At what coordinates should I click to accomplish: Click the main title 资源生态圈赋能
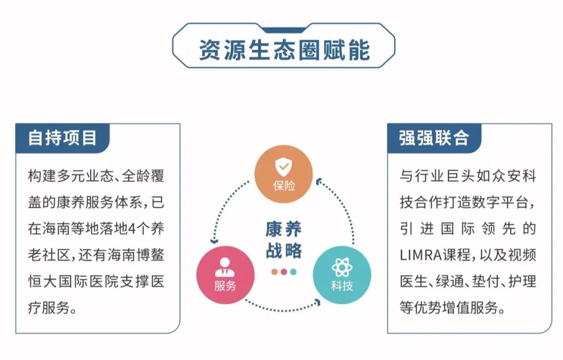284,50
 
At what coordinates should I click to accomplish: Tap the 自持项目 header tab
62,138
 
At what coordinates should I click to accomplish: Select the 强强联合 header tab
434,138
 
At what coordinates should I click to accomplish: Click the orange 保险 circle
284,174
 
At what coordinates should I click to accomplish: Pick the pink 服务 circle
226,275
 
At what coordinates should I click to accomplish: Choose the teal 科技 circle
342,275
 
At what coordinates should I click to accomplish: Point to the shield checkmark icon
284,167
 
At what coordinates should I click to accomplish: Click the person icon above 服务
225,267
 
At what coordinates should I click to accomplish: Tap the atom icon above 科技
342,267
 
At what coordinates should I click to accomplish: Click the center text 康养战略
284,239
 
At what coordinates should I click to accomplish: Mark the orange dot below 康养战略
275,272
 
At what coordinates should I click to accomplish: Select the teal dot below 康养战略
293,272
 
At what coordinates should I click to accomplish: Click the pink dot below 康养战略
284,272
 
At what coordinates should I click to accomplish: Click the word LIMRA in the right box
421,255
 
